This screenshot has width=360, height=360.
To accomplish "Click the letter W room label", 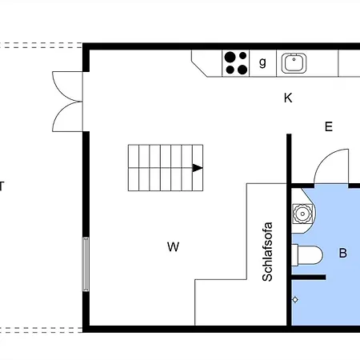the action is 173,246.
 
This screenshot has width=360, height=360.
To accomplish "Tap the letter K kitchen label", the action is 288,98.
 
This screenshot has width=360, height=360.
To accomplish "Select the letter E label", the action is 329,126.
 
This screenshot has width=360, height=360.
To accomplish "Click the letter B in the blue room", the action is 343,253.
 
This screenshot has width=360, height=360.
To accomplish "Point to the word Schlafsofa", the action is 267,251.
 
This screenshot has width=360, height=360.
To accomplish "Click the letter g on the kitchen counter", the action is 262,62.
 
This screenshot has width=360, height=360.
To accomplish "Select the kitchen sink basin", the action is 294,63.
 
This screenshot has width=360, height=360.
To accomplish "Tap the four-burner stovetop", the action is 236,63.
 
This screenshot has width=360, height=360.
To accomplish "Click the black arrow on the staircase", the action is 198,168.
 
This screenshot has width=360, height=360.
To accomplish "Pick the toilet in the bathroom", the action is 307,255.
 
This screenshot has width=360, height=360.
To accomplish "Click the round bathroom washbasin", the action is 302,214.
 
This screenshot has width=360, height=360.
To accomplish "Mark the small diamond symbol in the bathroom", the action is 295,300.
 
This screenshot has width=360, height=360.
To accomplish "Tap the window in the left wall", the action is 86,264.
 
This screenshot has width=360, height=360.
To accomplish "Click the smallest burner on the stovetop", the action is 242,56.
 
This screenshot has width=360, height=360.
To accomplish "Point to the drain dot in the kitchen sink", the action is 294,59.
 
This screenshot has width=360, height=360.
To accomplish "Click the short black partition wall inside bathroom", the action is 309,278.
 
